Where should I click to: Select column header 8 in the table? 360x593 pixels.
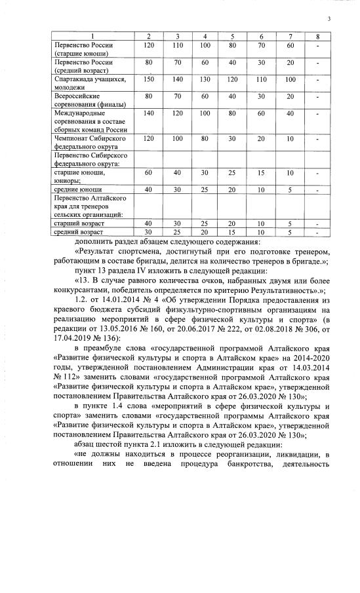tap(317, 35)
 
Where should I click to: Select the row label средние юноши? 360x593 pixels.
tap(72, 189)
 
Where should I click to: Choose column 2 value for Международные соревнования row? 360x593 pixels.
tap(148, 113)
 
